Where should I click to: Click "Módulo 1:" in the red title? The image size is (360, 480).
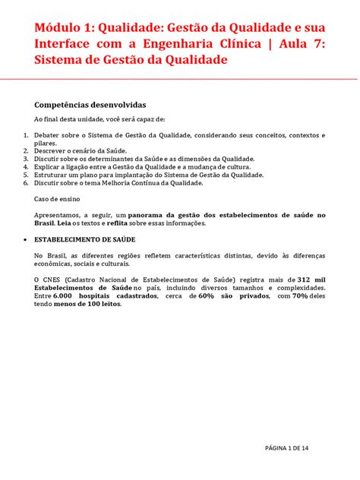click(61, 28)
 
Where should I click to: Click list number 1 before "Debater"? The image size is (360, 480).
click(25, 135)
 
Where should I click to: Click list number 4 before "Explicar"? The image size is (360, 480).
click(25, 166)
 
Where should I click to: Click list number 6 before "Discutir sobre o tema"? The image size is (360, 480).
click(25, 182)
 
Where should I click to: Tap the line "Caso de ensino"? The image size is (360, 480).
click(55, 199)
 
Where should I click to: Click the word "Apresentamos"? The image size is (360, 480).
click(58, 215)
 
